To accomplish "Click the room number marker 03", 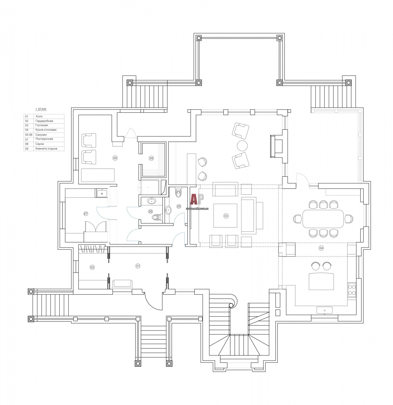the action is click(x=226, y=216).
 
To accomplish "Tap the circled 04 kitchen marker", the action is click(x=321, y=248).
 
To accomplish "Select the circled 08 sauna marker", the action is click(x=151, y=158).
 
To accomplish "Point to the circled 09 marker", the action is click(x=115, y=158).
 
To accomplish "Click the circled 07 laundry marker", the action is click(x=86, y=213).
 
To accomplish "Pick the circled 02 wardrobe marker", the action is click(x=92, y=267).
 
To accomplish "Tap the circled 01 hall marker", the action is click(x=138, y=266).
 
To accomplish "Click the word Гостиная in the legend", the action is click(x=42, y=125).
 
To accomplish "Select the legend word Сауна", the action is click(x=40, y=144).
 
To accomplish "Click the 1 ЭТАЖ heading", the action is click(x=41, y=109).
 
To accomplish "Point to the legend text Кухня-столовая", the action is click(x=46, y=130).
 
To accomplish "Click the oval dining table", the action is click(x=323, y=219).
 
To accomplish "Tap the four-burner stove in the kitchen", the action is click(x=352, y=290).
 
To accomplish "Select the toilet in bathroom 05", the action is click(x=178, y=193).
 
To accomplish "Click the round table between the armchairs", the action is click(x=242, y=145).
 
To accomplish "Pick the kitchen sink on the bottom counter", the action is click(x=324, y=310).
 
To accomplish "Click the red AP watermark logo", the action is click(x=197, y=199).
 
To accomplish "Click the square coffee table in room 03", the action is click(x=225, y=215).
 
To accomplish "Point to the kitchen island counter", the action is click(x=321, y=281).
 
